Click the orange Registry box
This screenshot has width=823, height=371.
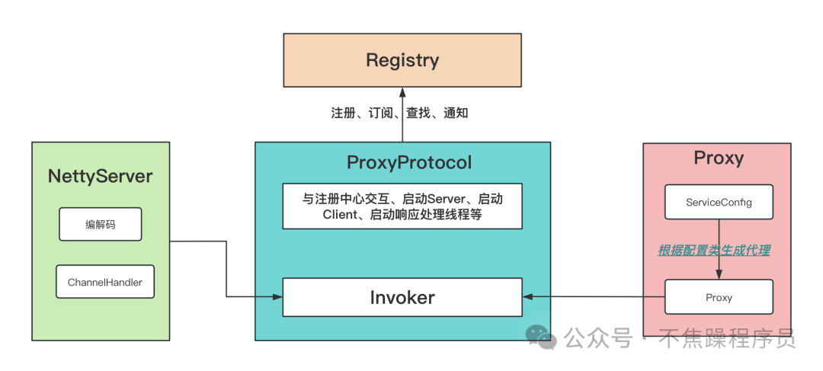(402, 60)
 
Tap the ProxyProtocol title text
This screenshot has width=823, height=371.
(409, 163)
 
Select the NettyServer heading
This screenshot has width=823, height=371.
(101, 176)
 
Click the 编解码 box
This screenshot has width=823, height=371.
(101, 224)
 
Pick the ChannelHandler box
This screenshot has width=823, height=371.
(105, 282)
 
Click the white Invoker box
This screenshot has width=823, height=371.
(402, 298)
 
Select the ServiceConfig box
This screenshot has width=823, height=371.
(719, 202)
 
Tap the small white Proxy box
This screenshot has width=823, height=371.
(719, 297)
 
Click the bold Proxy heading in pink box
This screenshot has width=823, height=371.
(719, 158)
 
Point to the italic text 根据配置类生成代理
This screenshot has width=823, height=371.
(714, 251)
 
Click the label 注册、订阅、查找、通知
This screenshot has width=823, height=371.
(399, 113)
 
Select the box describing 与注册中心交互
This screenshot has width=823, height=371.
(402, 206)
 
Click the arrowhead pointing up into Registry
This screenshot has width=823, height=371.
(402, 92)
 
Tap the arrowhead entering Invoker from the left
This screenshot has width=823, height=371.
(277, 297)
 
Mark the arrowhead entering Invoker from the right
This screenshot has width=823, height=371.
(528, 297)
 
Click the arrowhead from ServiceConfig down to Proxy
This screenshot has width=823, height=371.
(719, 274)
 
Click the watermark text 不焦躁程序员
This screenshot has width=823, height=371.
(728, 338)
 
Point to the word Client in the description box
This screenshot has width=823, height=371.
(338, 215)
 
